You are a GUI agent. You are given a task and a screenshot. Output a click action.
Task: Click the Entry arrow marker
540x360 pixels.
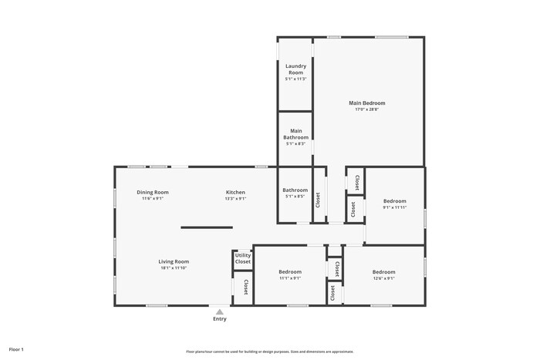click(220, 311)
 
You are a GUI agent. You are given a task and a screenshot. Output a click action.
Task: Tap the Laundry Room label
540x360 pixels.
click(296, 69)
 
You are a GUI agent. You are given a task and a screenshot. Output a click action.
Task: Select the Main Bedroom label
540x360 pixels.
click(366, 103)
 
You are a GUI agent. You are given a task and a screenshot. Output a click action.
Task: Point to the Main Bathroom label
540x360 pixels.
click(296, 134)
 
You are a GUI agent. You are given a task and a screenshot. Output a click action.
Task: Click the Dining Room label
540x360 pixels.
click(153, 192)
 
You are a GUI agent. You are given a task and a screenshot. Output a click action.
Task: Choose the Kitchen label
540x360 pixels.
click(235, 192)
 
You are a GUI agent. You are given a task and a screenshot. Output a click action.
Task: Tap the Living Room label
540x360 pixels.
click(174, 261)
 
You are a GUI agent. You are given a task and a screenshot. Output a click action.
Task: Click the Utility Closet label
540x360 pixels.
click(243, 258)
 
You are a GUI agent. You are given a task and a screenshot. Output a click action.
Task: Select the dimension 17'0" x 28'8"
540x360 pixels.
click(366, 109)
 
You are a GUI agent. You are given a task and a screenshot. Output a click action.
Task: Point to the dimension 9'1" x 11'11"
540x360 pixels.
click(395, 207)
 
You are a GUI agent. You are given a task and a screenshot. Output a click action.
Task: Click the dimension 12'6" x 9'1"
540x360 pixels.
click(383, 279)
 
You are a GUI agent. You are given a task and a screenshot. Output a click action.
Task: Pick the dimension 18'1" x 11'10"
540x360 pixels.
click(174, 268)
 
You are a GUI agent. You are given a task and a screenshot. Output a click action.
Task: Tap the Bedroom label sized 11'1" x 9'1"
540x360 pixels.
click(289, 272)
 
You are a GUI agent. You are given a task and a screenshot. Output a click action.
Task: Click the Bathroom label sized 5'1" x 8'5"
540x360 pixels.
click(295, 190)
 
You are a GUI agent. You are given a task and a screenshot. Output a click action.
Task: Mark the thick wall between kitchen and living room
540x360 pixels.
click(207, 227)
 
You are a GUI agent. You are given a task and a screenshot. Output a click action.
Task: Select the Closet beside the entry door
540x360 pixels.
click(245, 287)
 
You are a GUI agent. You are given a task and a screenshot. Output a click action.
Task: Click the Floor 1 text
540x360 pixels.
click(16, 349)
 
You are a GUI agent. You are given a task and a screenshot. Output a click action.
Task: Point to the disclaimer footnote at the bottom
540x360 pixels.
click(269, 351)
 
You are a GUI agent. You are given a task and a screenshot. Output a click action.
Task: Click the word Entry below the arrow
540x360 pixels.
click(220, 319)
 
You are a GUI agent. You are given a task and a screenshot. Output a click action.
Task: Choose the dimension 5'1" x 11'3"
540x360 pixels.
click(296, 79)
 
